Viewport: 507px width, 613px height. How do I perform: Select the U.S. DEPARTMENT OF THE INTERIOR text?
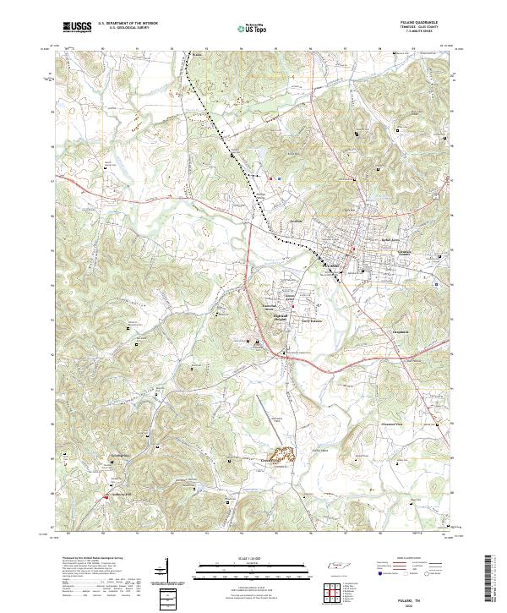point(128,23)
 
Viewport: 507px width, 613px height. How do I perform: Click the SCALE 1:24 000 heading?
point(244,558)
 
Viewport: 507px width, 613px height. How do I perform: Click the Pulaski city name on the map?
point(333,265)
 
